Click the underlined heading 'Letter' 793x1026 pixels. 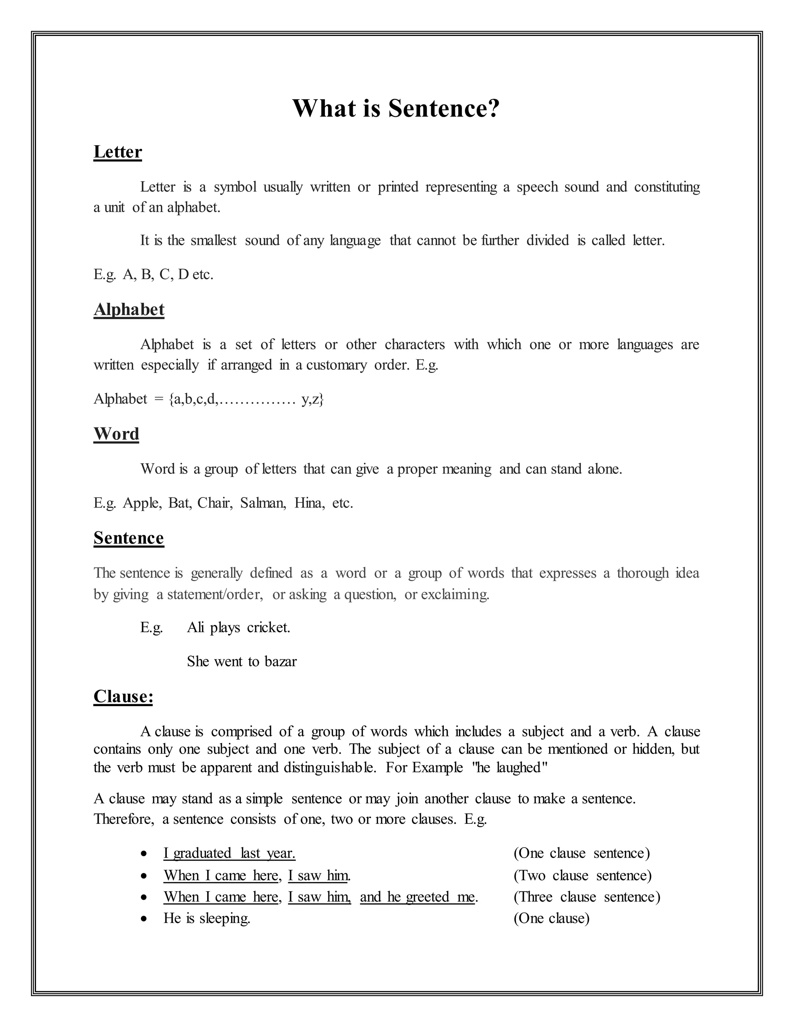pyautogui.click(x=117, y=152)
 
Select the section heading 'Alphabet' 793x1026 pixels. pyautogui.click(x=129, y=310)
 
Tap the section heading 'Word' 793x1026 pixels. pyautogui.click(x=116, y=434)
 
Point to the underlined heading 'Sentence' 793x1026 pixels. pyautogui.click(x=128, y=538)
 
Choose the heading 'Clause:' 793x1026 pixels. pyautogui.click(x=123, y=696)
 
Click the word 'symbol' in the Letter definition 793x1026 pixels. pyautogui.click(x=235, y=187)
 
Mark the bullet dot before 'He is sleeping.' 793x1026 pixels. pyautogui.click(x=145, y=918)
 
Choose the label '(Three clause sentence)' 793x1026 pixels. pyautogui.click(x=587, y=897)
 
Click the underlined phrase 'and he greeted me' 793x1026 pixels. pyautogui.click(x=417, y=897)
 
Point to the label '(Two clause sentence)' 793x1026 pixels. pyautogui.click(x=582, y=875)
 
